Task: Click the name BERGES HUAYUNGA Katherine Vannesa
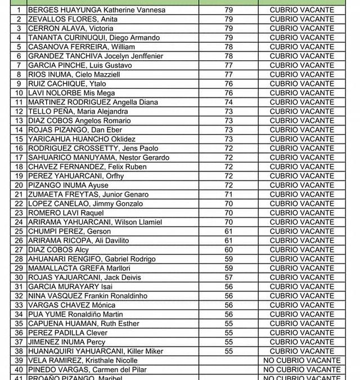coord(97,10)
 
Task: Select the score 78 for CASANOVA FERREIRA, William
coord(228,47)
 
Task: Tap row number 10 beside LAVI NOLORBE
coord(19,93)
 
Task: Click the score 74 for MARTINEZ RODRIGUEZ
coord(228,102)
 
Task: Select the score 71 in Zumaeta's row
coord(228,194)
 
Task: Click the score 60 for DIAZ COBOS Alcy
coord(228,249)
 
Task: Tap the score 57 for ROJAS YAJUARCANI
coord(228,277)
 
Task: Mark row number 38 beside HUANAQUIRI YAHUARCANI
coord(19,351)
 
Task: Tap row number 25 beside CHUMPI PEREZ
coord(19,231)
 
